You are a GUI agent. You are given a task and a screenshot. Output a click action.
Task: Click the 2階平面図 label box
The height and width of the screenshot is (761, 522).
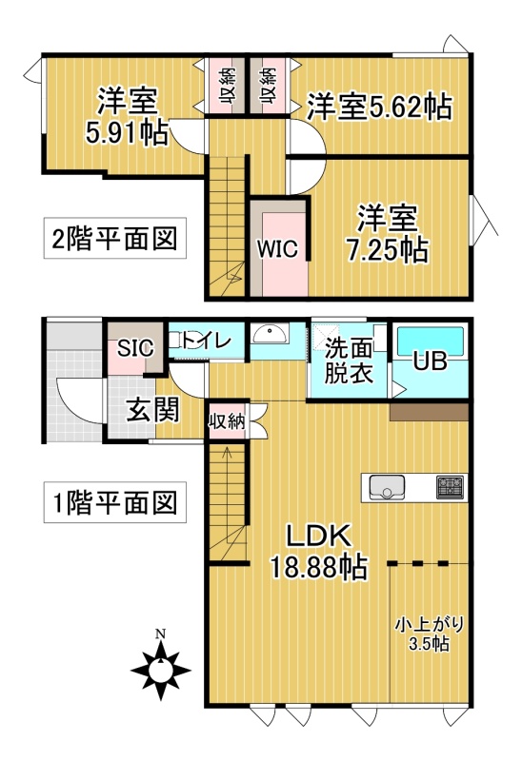click(x=114, y=238)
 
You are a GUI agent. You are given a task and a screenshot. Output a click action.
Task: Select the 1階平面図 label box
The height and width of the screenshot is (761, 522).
click(x=114, y=502)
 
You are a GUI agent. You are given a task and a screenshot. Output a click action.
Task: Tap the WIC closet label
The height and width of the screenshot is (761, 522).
click(x=277, y=249)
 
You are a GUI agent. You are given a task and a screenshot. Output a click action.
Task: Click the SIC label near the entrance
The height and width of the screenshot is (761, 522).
click(x=135, y=347)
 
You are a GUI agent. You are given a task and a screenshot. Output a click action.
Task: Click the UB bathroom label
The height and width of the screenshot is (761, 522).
click(x=431, y=361)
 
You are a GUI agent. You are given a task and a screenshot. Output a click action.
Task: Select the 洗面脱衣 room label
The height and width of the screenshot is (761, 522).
click(x=349, y=361)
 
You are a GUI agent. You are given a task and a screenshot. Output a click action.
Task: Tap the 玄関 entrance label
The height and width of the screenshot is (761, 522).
click(x=153, y=409)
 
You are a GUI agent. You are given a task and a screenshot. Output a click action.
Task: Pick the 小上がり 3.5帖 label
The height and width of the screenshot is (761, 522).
click(x=429, y=634)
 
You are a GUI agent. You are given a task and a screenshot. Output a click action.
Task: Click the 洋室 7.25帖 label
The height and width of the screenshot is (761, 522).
click(x=388, y=233)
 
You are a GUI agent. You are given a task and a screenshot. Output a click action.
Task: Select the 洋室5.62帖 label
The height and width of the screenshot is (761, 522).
click(x=379, y=107)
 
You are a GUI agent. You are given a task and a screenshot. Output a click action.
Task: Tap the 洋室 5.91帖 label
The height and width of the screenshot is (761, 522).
click(x=128, y=116)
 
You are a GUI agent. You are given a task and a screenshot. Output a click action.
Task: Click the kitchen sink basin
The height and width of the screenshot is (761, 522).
click(x=387, y=487)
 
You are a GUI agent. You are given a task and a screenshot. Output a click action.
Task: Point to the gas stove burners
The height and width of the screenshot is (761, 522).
click(x=450, y=487)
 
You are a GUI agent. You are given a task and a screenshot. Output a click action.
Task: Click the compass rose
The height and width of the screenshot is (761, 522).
click(x=161, y=671)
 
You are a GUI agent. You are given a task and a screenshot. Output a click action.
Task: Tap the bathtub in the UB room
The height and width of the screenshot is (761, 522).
click(x=431, y=341)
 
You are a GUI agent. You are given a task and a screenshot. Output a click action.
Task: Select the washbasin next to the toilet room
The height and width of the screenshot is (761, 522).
click(x=270, y=334)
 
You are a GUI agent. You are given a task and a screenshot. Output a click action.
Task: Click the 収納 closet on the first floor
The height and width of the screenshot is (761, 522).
click(x=227, y=421)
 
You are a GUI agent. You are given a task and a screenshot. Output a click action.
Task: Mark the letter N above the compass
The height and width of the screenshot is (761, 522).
click(x=160, y=634)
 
